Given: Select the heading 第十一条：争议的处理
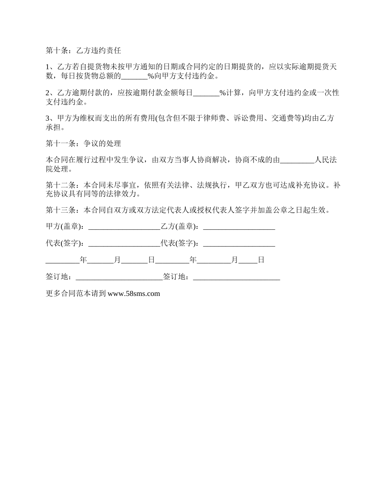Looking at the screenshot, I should coord(83,143).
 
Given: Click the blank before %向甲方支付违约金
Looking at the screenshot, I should coord(134,76).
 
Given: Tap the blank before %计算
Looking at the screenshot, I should coord(206,93).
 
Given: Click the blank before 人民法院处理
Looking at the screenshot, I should coord(297,160).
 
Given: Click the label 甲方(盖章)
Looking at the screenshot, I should coord(65,226).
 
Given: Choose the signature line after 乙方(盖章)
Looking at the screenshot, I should coord(239,227).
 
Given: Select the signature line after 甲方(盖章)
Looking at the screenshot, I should coord(124,227).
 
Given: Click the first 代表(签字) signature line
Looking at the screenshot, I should coord(124,243).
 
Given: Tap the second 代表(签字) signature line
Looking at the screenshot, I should coord(239,243).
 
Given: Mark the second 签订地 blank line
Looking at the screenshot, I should coord(236,277).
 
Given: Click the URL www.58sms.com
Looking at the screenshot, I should coord(134,293).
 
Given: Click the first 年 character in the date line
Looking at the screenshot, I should coord(83,260).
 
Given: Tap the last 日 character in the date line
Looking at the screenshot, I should coord(261,260).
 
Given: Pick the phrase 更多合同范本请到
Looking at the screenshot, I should coord(76,293).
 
